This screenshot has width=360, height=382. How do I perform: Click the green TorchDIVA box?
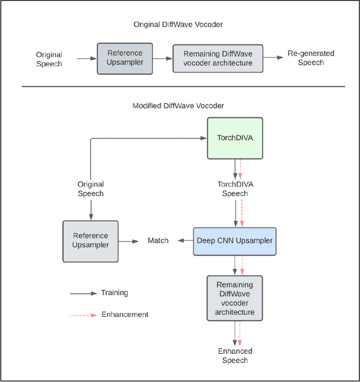pos(235,138)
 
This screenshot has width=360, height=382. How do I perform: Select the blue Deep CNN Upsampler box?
pos(235,240)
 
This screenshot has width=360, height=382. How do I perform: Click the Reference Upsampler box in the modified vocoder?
pos(90,240)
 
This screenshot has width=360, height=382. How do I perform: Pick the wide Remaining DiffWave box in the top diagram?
pos(218,58)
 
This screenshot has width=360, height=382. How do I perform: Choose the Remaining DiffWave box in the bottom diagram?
pos(235,298)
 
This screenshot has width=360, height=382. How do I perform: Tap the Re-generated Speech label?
pos(310,58)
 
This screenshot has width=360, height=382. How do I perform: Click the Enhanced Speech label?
pos(235,356)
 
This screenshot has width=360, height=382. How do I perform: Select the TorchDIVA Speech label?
pos(235,189)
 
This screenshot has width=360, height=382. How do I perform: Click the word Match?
pos(158,240)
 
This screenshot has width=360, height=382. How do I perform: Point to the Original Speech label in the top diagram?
pos(49,59)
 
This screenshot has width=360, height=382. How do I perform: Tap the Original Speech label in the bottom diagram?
pos(90,189)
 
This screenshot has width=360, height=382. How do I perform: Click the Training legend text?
pos(114,293)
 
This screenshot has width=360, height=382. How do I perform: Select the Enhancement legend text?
pos(125,315)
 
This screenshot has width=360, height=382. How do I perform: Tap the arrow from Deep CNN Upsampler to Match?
pos(184,240)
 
